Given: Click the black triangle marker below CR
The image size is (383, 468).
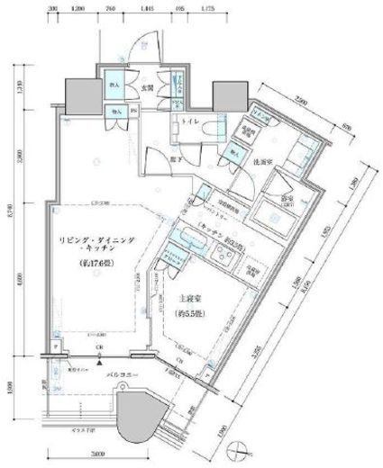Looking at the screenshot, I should (110, 361).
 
